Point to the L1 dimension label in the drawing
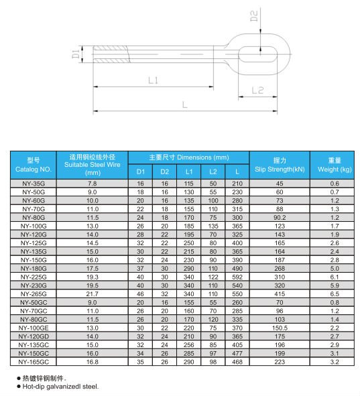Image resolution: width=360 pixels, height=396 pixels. [x=153, y=80]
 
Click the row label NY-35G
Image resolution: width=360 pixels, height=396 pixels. [x=34, y=183]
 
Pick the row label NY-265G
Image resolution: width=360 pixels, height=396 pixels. [x=34, y=294]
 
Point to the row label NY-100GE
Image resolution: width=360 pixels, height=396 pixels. [x=34, y=328]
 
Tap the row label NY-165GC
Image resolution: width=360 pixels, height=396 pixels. [x=34, y=362]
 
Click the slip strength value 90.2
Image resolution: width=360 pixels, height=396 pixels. [x=280, y=217]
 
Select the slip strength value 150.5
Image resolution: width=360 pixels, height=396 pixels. [x=280, y=328]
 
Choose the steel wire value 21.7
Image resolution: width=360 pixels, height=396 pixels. [x=93, y=294]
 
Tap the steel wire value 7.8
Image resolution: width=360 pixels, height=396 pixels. [x=93, y=183]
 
